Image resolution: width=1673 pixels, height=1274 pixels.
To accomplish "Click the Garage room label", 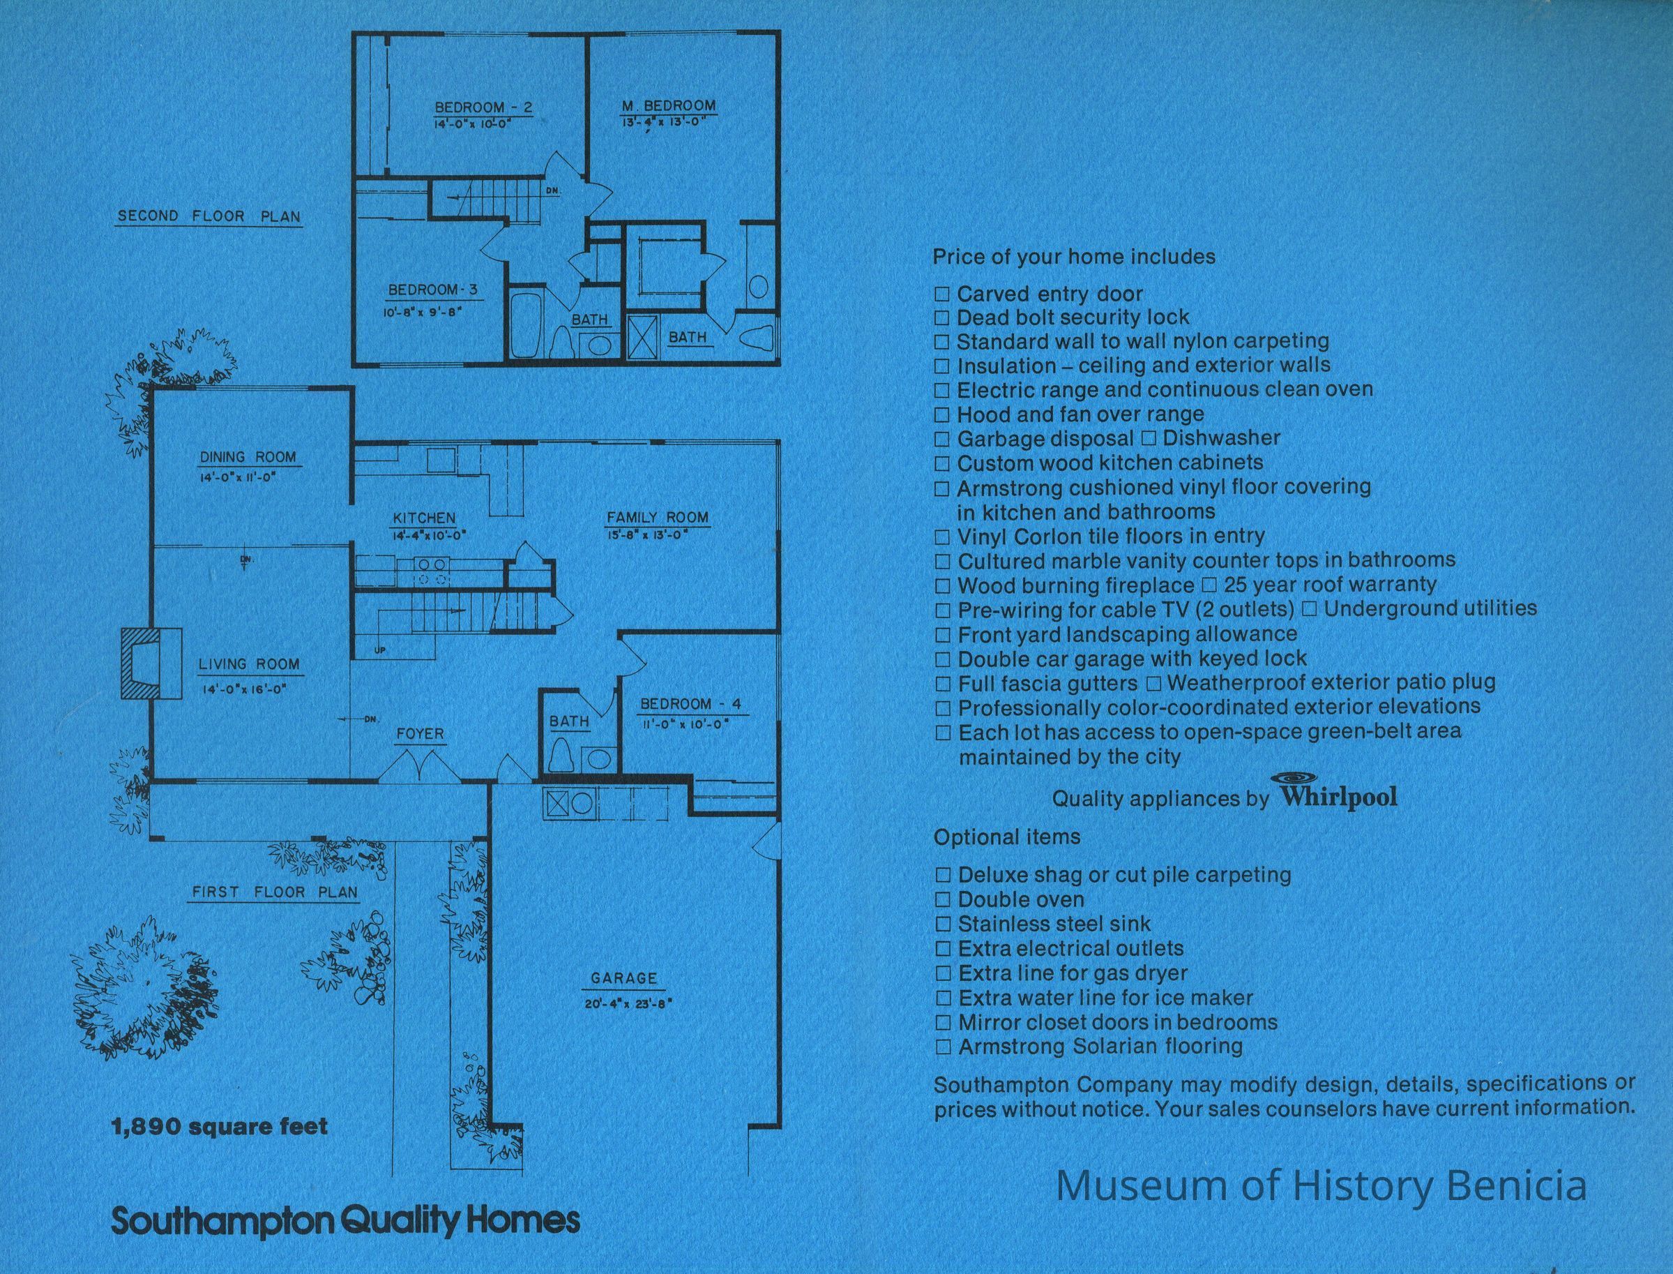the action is (x=624, y=978).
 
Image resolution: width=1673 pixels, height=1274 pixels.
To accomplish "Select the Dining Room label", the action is (x=248, y=456).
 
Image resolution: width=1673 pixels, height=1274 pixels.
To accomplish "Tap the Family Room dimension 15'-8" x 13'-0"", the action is (x=647, y=533).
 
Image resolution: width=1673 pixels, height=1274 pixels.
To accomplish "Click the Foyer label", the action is (x=420, y=734).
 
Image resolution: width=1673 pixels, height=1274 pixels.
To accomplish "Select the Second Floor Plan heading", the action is (x=209, y=216).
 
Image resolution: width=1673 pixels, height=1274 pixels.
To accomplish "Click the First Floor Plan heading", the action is (x=274, y=892).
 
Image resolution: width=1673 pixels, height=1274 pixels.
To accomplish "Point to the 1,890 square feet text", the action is (x=220, y=1126).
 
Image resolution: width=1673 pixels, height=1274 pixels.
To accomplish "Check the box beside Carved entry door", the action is (x=941, y=294).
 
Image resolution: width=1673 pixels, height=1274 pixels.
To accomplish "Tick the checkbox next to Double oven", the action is (x=943, y=900).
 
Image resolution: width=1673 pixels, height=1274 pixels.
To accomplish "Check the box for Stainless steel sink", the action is (x=943, y=924).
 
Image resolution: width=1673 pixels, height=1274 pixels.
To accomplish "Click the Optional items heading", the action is (x=1007, y=837).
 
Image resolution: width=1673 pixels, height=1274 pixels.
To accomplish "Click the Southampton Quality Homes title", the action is (x=346, y=1222).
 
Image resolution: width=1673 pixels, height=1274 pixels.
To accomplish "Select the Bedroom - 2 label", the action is (x=483, y=107).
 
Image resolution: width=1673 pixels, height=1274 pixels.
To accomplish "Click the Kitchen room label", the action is (x=424, y=518).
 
